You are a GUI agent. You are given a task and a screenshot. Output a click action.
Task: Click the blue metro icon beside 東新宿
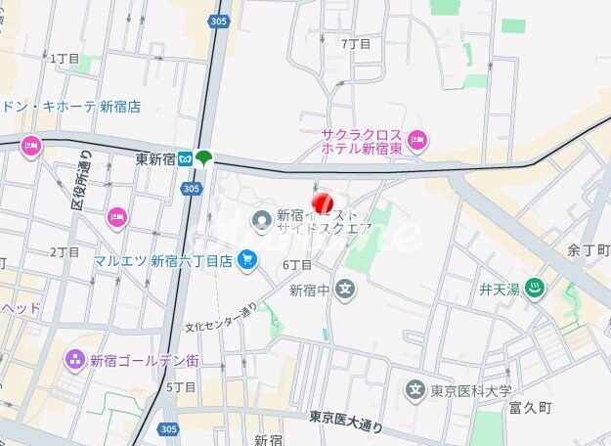184,158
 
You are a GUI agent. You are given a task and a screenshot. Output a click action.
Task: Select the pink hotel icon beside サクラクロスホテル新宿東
417,141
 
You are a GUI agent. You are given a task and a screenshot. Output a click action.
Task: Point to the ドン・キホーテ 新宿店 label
70,107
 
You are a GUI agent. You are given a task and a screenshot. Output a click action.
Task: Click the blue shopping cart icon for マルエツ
248,259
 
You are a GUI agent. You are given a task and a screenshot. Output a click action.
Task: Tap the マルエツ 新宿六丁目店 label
163,260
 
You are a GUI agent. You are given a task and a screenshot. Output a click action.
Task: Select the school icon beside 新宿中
344,289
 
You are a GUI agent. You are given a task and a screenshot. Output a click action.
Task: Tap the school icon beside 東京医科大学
415,390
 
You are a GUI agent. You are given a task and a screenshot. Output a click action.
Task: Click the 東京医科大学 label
471,391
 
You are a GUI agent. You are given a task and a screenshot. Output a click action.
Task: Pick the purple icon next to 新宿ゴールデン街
75,360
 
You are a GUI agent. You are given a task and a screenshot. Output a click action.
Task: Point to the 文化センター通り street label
221,317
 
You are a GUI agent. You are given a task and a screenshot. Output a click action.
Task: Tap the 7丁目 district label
356,44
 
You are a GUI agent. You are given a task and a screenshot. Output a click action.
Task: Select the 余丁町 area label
588,250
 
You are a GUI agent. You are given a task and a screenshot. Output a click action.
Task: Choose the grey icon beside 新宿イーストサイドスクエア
261,221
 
